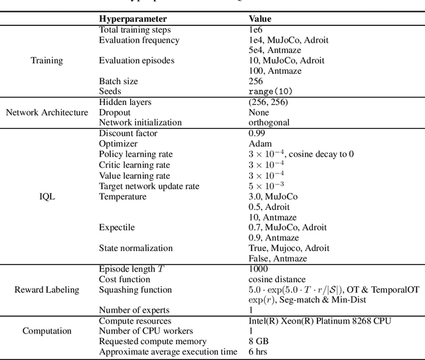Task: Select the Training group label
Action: click(46, 60)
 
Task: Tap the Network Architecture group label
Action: click(46, 112)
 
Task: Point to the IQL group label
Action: click(46, 197)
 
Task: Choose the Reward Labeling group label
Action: click(46, 290)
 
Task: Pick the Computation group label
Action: click(46, 331)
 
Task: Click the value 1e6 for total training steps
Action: click(256, 30)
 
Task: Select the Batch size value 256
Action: click(256, 81)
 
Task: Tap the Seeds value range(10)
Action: click(270, 92)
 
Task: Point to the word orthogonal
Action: click(269, 123)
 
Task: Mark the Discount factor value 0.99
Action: click(257, 133)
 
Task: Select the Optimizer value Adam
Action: click(260, 143)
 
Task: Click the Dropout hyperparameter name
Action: click(116, 112)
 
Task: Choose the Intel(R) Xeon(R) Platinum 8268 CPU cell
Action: click(320, 321)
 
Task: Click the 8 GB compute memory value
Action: click(259, 341)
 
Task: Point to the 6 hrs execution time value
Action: click(259, 352)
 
